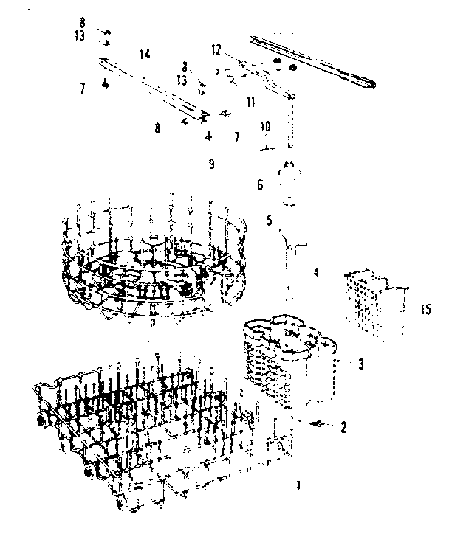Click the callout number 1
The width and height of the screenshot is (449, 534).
pyautogui.click(x=298, y=485)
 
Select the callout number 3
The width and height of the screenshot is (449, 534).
pyautogui.click(x=360, y=364)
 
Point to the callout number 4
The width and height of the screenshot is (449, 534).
pyautogui.click(x=316, y=273)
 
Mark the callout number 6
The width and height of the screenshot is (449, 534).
pyautogui.click(x=260, y=186)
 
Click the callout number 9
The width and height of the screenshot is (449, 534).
pyautogui.click(x=211, y=164)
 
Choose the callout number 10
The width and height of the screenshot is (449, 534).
pyautogui.click(x=265, y=127)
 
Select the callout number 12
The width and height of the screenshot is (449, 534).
pyautogui.click(x=216, y=49)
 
